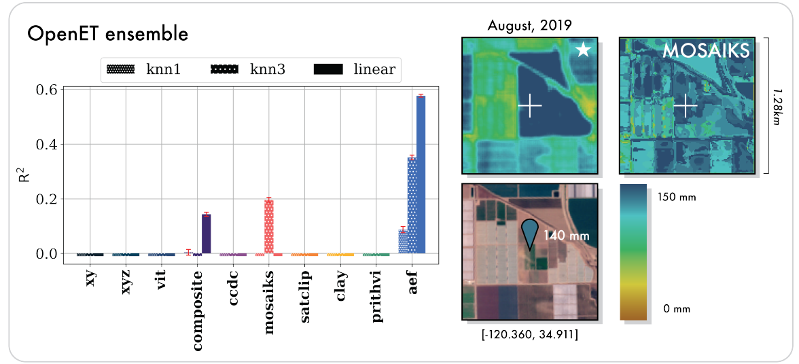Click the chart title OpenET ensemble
pyautogui.click(x=107, y=34)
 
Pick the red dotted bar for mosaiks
pyautogui.click(x=269, y=227)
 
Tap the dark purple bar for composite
pyautogui.click(x=207, y=234)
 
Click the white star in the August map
pyautogui.click(x=582, y=51)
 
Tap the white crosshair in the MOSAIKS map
pyautogui.click(x=686, y=105)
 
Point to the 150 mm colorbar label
pyautogui.click(x=679, y=198)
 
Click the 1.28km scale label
pyautogui.click(x=776, y=105)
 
